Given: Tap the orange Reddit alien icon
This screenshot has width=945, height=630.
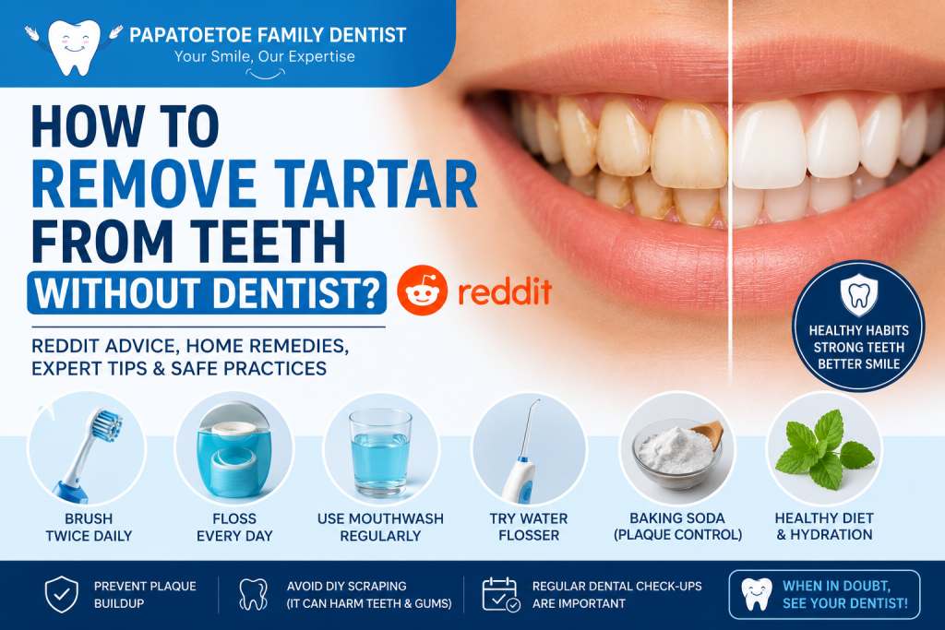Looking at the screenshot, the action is pos(422,291).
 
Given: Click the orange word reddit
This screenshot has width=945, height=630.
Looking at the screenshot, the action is pos(505,291).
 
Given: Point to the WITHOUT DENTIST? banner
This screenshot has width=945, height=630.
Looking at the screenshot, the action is pos(207,293).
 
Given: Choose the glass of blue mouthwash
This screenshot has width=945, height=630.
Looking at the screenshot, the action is pos(380,452).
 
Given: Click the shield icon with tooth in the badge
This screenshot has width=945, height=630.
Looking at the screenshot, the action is pos(859,294).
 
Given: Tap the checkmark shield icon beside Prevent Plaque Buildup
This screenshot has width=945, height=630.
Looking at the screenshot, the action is pos(62,594).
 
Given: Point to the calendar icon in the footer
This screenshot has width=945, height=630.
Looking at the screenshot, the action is pos(501,594).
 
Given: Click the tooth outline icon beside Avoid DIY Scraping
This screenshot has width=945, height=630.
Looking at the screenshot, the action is pos(253,594).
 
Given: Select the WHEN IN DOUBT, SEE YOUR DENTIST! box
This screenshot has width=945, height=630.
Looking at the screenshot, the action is pos(824,594).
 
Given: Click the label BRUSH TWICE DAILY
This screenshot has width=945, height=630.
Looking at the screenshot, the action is pos(89,527).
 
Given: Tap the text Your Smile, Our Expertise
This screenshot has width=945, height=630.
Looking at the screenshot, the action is pos(265,56).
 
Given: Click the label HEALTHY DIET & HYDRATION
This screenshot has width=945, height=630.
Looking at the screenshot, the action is pos(824,527).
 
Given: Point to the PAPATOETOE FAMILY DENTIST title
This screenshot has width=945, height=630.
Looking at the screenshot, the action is pos(268,35).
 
